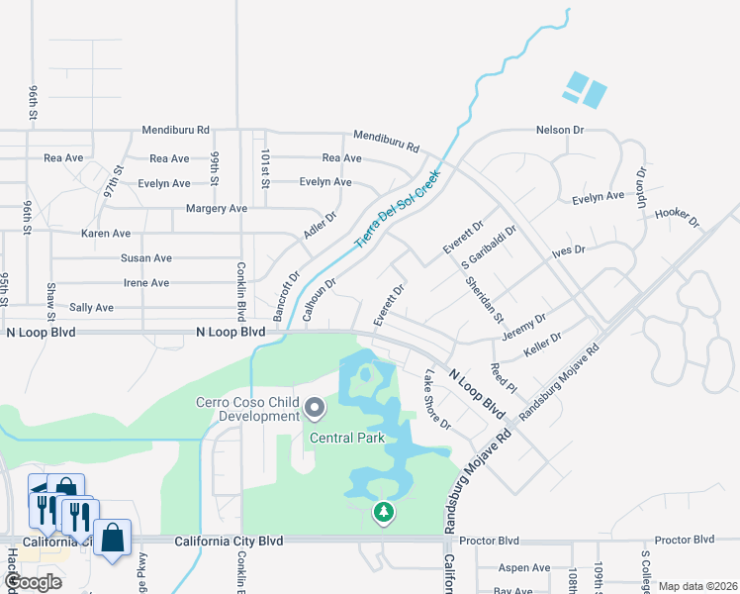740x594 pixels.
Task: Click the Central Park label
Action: click(345, 438)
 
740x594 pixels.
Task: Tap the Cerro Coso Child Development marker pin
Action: click(315, 408)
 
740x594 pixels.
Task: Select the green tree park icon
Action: click(383, 513)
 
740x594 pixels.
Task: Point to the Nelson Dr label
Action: click(561, 130)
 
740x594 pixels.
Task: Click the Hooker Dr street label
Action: click(677, 217)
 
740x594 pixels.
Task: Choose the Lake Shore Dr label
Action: click(436, 400)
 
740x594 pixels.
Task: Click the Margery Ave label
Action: click(217, 209)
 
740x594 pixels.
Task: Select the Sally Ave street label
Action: click(91, 308)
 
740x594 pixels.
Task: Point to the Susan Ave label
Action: click(146, 258)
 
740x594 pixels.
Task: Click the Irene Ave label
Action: click(145, 283)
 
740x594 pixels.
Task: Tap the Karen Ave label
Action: click(106, 234)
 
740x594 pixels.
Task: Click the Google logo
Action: click(33, 582)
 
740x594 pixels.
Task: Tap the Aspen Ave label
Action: click(523, 568)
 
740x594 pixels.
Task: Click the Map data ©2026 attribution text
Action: click(696, 586)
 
